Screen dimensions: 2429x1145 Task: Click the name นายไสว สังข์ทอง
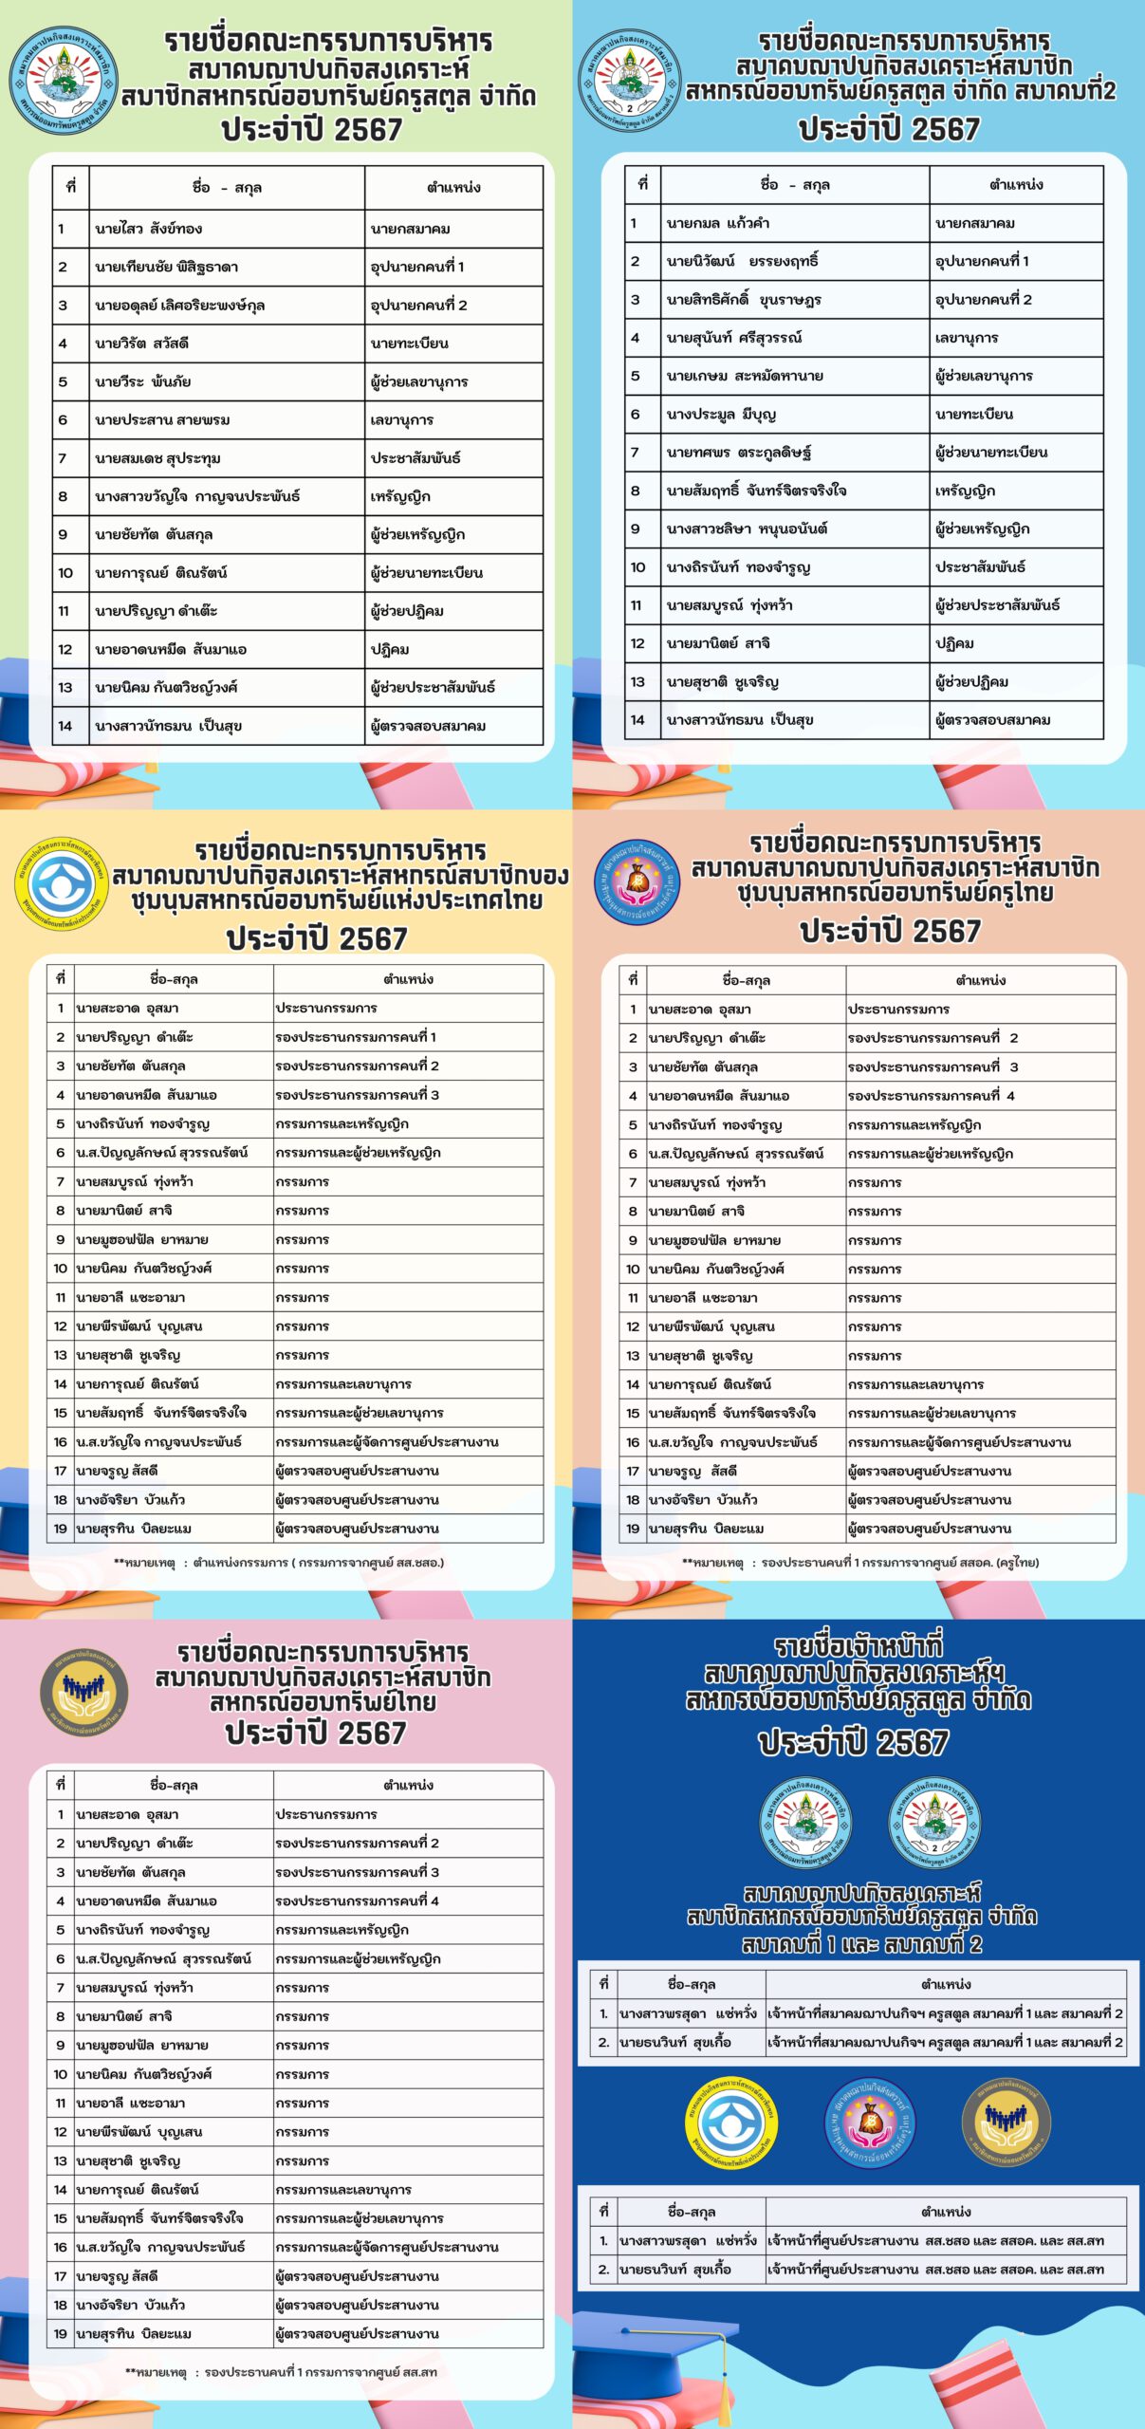pyautogui.click(x=148, y=229)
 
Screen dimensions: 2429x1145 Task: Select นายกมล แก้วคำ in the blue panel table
pyautogui.click(x=717, y=224)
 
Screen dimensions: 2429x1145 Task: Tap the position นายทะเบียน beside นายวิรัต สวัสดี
pyautogui.click(x=410, y=343)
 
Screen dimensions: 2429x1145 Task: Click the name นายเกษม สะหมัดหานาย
pyautogui.click(x=745, y=376)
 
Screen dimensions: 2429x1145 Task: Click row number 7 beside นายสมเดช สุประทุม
pyautogui.click(x=63, y=458)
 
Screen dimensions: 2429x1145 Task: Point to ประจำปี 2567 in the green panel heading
pyautogui.click(x=312, y=129)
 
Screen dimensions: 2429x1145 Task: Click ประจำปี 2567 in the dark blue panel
pyautogui.click(x=853, y=1742)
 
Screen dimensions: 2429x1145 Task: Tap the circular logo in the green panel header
pyautogui.click(x=65, y=81)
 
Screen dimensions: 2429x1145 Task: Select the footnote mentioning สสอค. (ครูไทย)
pyautogui.click(x=860, y=1563)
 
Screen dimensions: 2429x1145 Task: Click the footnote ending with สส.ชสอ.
pyautogui.click(x=279, y=1563)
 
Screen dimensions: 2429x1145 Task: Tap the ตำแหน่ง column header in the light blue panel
pyautogui.click(x=1016, y=185)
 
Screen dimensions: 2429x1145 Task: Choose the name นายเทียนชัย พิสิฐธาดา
pyautogui.click(x=166, y=268)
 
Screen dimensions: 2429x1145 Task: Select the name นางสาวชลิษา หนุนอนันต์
pyautogui.click(x=747, y=528)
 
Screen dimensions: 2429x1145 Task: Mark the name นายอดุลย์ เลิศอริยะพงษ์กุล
pyautogui.click(x=179, y=306)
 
